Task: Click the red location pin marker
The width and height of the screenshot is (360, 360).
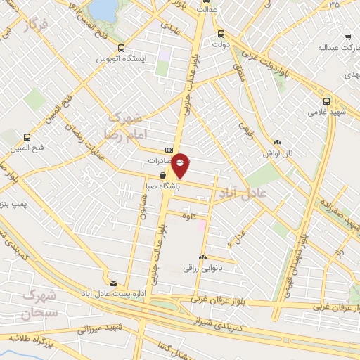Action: (181, 165)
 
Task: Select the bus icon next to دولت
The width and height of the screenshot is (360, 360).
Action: (221, 33)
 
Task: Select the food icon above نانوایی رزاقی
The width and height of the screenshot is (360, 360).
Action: (202, 257)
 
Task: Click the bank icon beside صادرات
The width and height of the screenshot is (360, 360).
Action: (169, 150)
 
